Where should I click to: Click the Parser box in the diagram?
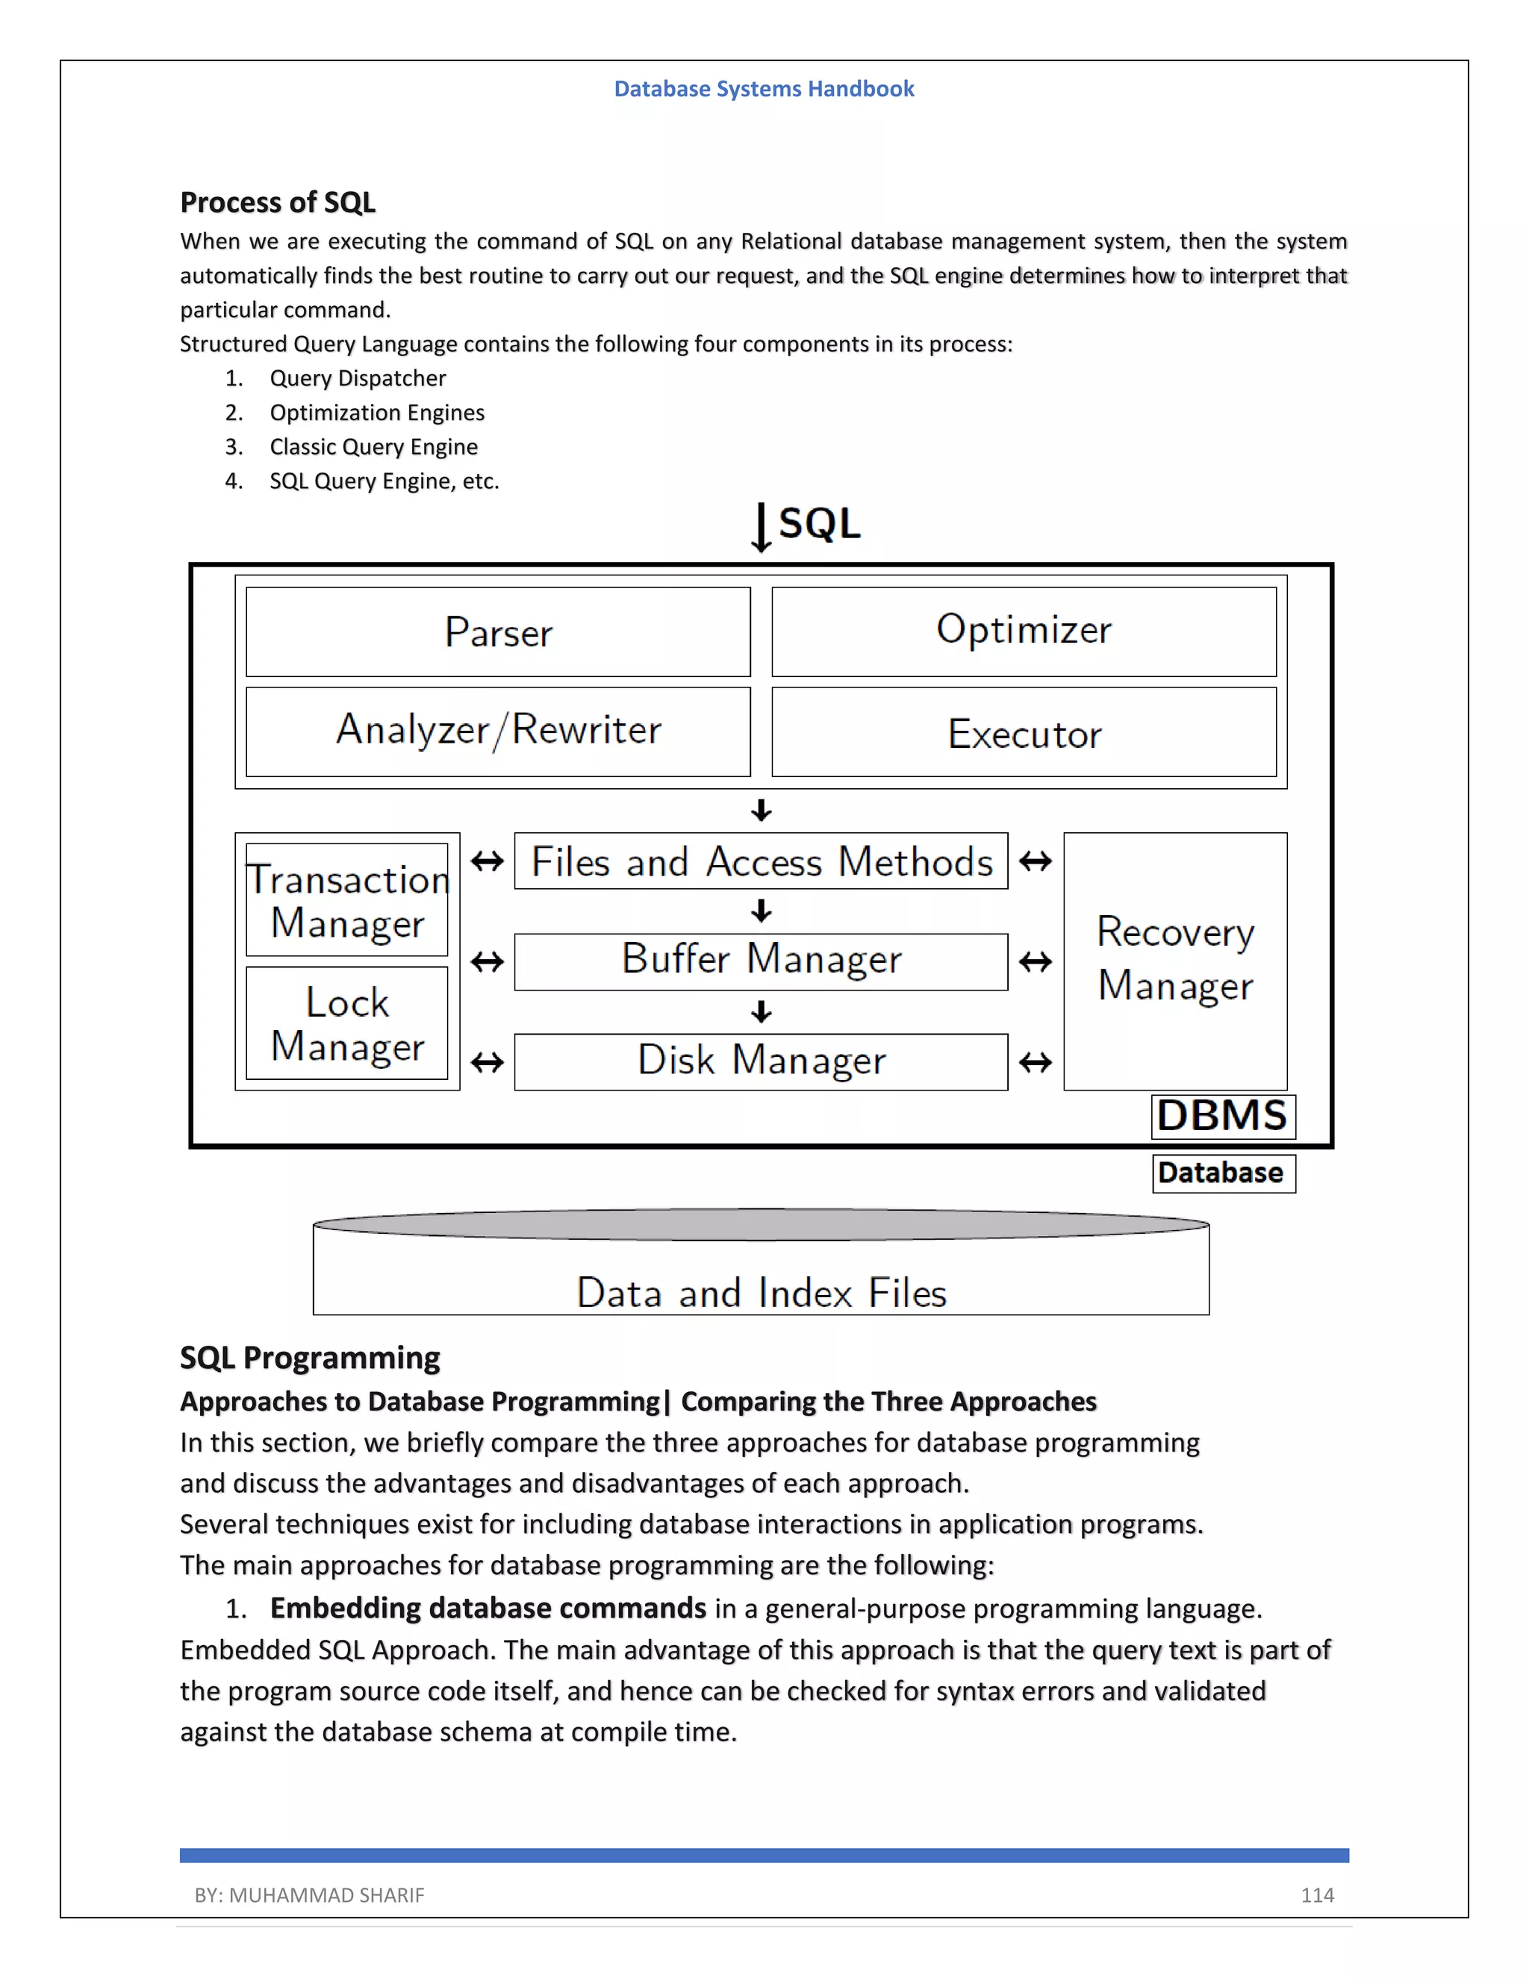[x=498, y=631]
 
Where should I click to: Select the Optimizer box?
[x=1024, y=631]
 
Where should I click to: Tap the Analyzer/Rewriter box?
[x=498, y=731]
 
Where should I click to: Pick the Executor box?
[x=1024, y=731]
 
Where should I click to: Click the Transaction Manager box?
[x=347, y=900]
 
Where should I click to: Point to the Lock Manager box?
[x=347, y=1023]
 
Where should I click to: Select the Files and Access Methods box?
[x=761, y=861]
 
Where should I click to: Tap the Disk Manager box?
[x=761, y=1061]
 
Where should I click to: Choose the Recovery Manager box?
[x=1175, y=960]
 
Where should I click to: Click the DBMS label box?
[x=1223, y=1116]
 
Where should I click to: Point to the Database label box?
[x=1223, y=1173]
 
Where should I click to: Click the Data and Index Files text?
[x=761, y=1292]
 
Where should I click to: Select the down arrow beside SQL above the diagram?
[x=761, y=528]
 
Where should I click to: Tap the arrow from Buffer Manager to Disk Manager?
[x=761, y=1011]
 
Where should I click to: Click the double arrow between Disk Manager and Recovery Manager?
[x=1036, y=1061]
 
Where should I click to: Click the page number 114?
[x=1317, y=1894]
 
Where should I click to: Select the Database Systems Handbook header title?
[x=764, y=89]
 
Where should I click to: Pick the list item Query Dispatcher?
[x=358, y=378]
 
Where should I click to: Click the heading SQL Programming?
[x=310, y=1358]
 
